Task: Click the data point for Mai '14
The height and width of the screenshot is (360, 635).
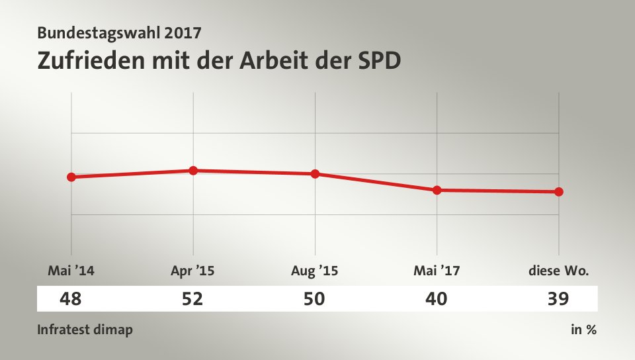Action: coord(71,177)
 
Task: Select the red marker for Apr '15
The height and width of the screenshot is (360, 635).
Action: coord(193,170)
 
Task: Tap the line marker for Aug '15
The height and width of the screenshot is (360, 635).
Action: coord(315,174)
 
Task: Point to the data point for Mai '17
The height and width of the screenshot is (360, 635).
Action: coord(437,190)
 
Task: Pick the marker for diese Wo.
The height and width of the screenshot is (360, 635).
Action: coord(559,192)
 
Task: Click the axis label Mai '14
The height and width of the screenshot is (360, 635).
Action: coord(67,270)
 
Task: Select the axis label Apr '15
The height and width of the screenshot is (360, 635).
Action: coord(192,270)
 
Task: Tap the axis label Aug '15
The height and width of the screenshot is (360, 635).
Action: coord(314,270)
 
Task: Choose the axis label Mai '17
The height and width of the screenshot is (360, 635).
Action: coord(437,270)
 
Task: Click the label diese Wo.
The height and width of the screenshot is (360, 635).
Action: coord(558,270)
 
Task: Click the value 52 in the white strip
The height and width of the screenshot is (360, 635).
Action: coord(192,299)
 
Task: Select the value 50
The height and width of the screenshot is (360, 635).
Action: coord(314,299)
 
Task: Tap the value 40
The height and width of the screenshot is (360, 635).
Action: coord(437,299)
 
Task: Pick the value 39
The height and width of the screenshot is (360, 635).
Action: coord(558,299)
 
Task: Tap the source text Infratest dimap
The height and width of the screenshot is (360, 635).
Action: coord(85,330)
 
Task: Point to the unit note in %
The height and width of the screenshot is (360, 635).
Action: coord(583,330)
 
